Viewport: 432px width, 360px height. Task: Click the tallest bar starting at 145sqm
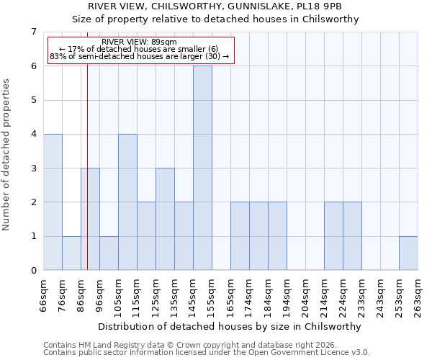(x=202, y=168)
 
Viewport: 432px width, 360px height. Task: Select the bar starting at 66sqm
(x=53, y=202)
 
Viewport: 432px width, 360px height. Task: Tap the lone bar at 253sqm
(x=408, y=253)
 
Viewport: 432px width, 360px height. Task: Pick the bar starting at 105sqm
(x=127, y=202)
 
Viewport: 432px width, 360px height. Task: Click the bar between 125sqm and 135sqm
(x=165, y=219)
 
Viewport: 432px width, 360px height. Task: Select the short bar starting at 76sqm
(x=71, y=253)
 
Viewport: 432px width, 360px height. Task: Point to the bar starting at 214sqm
(x=333, y=236)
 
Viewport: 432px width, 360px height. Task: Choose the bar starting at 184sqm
(x=277, y=236)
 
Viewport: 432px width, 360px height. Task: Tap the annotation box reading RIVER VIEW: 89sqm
(x=140, y=50)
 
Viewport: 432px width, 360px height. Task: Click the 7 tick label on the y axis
(x=33, y=32)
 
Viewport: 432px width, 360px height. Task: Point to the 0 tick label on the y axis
(x=33, y=271)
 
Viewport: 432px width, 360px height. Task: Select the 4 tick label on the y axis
(x=33, y=134)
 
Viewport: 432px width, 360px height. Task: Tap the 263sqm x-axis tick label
(x=418, y=296)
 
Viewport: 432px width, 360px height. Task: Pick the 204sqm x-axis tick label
(x=306, y=296)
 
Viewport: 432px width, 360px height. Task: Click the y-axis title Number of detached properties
(x=6, y=155)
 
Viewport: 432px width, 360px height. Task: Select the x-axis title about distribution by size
(x=228, y=326)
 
